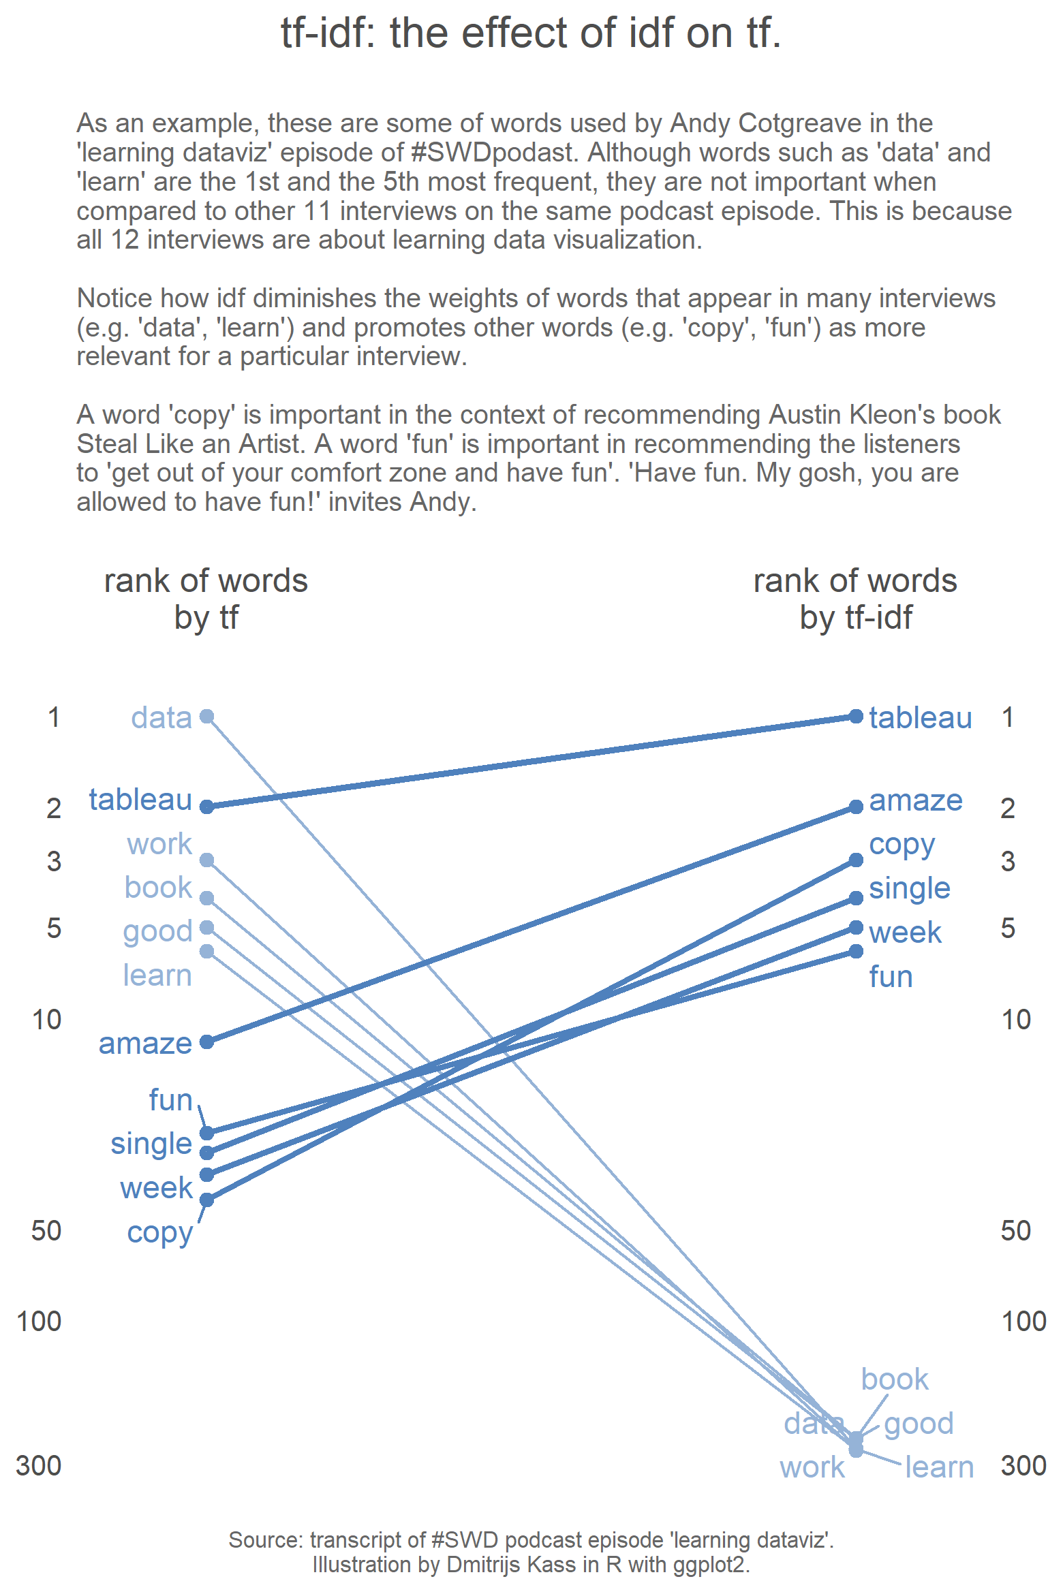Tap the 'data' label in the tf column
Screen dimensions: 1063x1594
point(161,717)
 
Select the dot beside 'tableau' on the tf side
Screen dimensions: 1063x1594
point(207,807)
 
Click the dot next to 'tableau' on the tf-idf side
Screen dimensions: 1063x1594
point(857,716)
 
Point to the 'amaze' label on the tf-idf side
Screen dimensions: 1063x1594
point(916,800)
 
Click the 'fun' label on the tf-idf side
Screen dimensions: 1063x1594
point(891,976)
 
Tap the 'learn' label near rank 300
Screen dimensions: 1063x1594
point(939,1467)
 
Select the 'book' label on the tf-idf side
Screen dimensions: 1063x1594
point(895,1379)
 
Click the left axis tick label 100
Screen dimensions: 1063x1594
point(39,1321)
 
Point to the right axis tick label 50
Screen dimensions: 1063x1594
point(1015,1231)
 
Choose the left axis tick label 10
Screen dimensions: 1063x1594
point(46,1020)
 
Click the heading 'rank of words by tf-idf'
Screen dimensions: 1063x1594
point(855,599)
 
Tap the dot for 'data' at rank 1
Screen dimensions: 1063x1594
point(207,716)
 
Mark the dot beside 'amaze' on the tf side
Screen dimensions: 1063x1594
point(207,1042)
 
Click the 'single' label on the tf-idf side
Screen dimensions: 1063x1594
point(910,889)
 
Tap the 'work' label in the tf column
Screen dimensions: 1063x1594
point(159,844)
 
